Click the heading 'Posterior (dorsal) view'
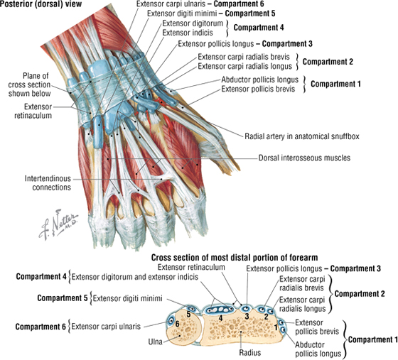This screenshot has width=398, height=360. click(41, 4)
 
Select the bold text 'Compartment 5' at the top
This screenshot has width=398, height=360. click(250, 13)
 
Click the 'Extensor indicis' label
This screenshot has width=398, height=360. click(188, 33)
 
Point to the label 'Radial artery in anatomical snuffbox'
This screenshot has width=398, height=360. click(302, 136)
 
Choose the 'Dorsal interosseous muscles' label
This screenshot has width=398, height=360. click(304, 158)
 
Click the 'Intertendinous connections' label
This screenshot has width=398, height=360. click(48, 183)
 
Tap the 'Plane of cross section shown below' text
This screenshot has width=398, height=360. click(29, 84)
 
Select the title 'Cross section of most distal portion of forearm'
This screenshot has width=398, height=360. click(235, 258)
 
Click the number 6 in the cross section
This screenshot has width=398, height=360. click(177, 324)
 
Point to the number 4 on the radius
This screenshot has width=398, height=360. click(220, 317)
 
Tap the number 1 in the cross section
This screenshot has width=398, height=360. click(276, 327)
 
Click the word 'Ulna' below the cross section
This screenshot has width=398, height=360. click(156, 342)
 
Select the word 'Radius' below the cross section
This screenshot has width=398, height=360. click(250, 352)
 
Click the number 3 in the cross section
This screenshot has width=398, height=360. click(247, 316)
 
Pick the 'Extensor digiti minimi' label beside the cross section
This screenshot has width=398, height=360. click(127, 298)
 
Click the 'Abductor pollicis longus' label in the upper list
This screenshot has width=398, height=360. click(259, 80)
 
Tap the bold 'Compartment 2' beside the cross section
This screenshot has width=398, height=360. click(360, 294)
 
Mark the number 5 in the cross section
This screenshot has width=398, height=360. click(188, 315)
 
